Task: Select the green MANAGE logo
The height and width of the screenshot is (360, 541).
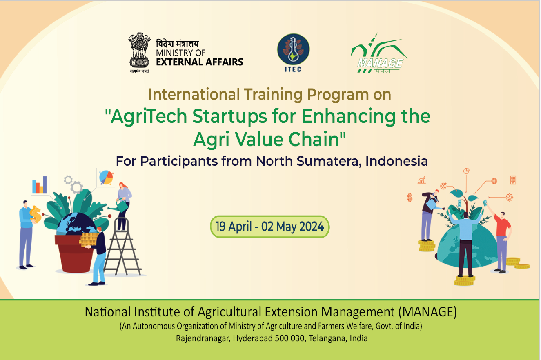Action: coord(379,53)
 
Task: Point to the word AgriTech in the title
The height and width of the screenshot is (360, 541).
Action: coord(149,116)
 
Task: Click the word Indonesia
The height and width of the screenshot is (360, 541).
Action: coord(396,161)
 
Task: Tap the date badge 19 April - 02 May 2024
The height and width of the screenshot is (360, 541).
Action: coord(269,227)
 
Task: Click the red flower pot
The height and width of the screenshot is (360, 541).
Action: coord(74,254)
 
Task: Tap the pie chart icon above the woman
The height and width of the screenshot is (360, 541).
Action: coord(106,178)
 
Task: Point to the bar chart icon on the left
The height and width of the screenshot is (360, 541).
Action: coord(40,185)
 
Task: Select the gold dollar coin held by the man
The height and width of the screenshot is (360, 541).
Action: coord(36,214)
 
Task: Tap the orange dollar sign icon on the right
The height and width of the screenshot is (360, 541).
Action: coord(410,198)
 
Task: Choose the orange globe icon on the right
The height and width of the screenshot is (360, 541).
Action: coord(494,181)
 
